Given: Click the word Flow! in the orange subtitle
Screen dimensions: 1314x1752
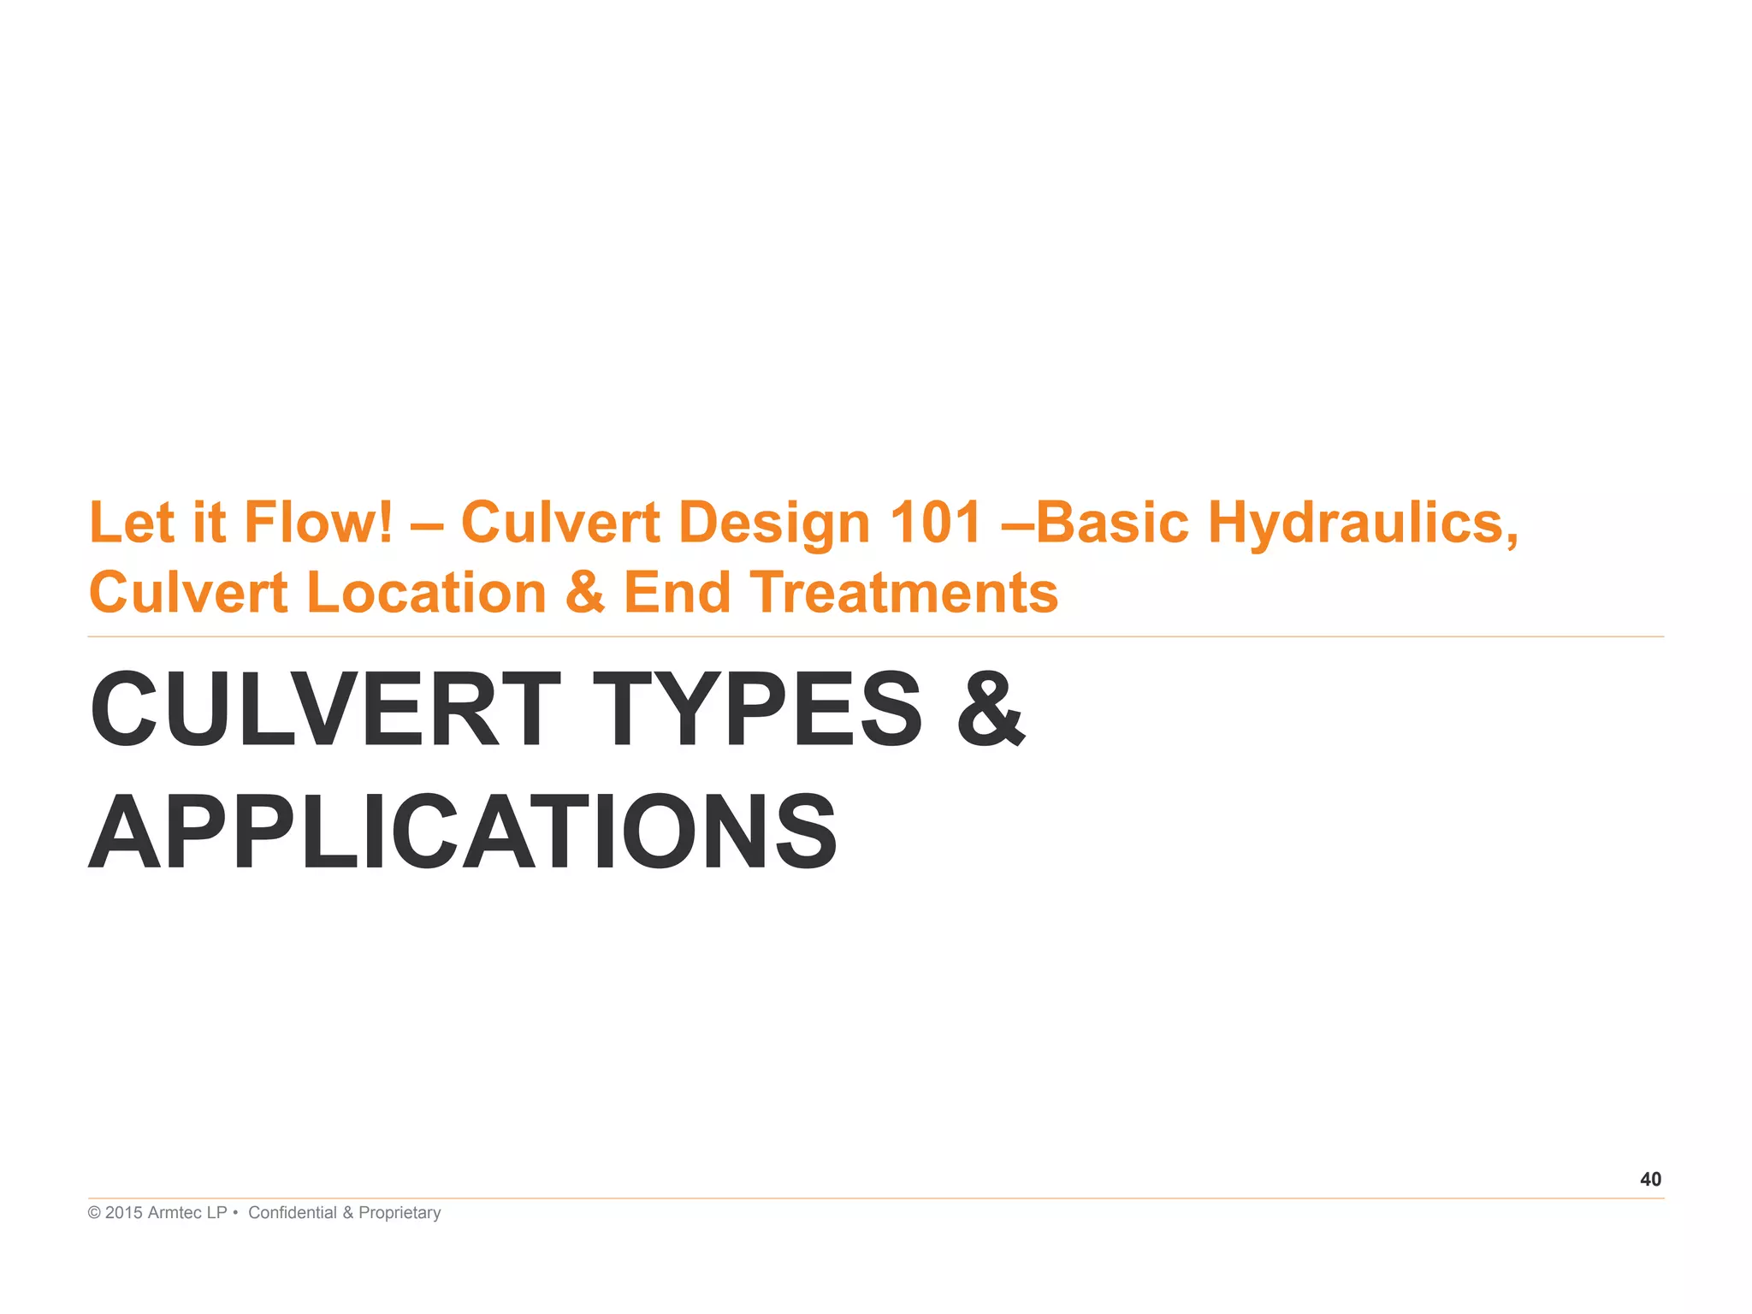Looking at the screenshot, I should click(318, 523).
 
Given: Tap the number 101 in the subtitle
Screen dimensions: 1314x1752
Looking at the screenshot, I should click(935, 523).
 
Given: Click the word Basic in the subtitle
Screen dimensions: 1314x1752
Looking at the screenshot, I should click(1112, 523).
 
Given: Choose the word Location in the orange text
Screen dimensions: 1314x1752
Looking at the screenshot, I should click(426, 593).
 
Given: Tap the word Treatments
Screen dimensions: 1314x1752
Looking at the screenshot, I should click(904, 593).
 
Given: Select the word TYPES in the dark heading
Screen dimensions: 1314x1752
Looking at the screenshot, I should click(757, 709).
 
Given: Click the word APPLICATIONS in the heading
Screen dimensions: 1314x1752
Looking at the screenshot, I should click(463, 832).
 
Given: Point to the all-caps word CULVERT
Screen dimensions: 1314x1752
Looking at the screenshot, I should click(325, 709).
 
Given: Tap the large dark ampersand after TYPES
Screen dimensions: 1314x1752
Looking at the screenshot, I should click(991, 709).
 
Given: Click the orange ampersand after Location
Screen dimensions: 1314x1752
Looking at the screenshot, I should click(585, 593).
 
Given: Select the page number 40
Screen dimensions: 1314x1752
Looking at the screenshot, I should click(1650, 1180).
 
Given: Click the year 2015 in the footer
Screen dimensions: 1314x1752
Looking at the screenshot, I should click(123, 1213).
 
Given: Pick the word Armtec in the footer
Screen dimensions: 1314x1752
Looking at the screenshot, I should click(176, 1213).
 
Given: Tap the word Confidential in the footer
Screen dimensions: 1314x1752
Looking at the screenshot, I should click(293, 1213).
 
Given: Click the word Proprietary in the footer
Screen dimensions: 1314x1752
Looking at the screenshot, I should click(400, 1213).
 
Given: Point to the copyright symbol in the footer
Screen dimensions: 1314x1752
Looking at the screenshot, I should click(94, 1213).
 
